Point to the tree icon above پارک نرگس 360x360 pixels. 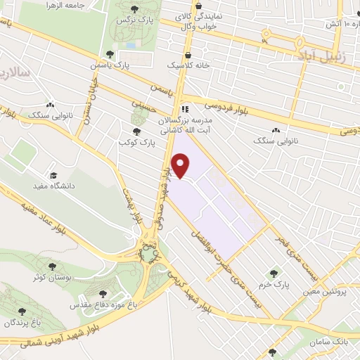pyautogui.click(x=134, y=9)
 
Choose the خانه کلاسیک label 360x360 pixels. pyautogui.click(x=184, y=65)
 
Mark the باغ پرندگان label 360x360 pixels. pyautogui.click(x=22, y=321)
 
